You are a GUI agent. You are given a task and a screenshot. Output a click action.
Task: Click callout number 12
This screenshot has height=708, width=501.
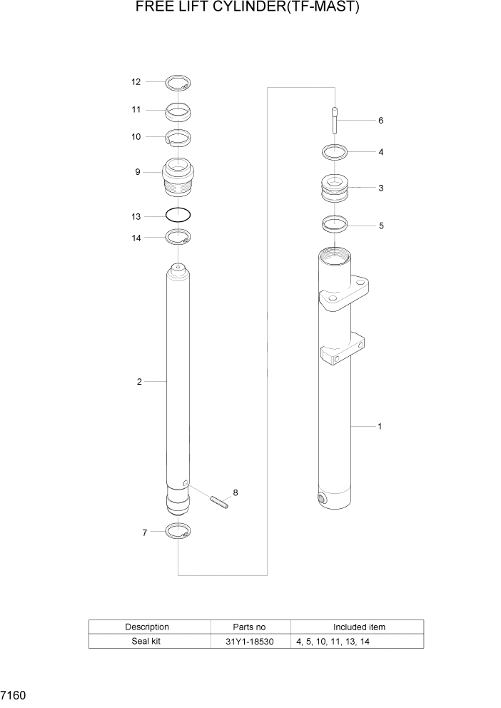[136, 82]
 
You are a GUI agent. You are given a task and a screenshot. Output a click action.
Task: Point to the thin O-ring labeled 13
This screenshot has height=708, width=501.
[178, 214]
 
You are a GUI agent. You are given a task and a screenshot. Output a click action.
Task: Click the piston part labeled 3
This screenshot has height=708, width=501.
[334, 189]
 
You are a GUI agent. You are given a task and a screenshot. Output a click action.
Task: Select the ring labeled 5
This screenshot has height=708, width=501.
[334, 224]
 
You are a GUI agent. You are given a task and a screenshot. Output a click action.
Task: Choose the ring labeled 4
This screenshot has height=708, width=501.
[334, 152]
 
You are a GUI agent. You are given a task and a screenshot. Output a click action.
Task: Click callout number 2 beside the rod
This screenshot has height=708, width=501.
[139, 382]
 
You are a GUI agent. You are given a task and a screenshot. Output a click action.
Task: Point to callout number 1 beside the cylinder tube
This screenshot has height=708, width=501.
[380, 427]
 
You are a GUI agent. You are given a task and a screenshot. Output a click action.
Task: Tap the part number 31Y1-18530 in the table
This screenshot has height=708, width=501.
[250, 642]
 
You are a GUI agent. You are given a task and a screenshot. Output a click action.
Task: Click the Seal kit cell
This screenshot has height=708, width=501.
[148, 642]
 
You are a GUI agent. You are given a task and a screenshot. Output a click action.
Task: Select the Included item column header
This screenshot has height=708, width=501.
[359, 627]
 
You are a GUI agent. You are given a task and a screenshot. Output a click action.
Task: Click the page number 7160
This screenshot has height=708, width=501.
[14, 694]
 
